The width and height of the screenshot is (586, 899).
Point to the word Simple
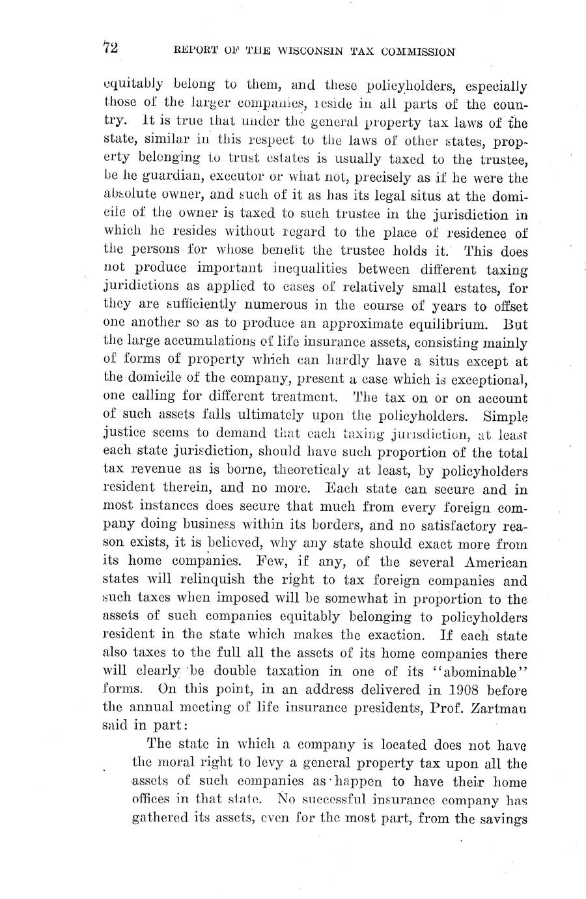tap(501, 415)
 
